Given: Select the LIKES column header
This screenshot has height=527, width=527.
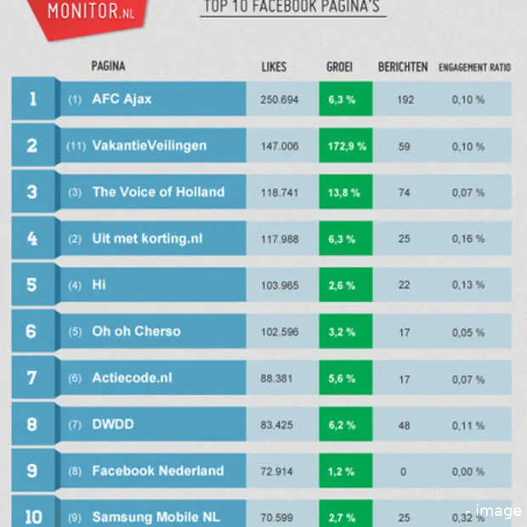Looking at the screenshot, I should pos(274,67).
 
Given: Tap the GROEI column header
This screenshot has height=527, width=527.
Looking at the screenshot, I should pos(339,67).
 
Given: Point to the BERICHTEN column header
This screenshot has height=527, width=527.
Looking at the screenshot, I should pos(403,67).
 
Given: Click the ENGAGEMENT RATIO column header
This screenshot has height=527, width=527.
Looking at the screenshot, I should pos(474,67).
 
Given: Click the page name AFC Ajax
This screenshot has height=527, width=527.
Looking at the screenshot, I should pos(122,99).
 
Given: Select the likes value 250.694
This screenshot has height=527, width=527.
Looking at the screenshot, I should pos(280,99).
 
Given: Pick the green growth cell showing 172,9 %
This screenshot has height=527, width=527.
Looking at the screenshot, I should pos(346,146).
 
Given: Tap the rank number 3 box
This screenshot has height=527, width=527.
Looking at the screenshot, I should pos(32,192).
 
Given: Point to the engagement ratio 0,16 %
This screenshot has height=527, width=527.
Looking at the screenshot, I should pos(468,239).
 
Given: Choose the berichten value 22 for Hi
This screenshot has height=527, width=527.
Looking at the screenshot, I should pos(404,286).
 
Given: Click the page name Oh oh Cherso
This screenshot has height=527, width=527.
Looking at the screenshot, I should pos(136,331).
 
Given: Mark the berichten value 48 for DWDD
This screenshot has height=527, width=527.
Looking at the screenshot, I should pos(404,424).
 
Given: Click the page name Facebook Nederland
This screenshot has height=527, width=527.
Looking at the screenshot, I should pos(158,471).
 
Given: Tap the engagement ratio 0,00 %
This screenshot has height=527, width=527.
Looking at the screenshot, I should pos(468,471).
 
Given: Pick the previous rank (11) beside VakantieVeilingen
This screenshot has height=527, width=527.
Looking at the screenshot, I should pos(76,146).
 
